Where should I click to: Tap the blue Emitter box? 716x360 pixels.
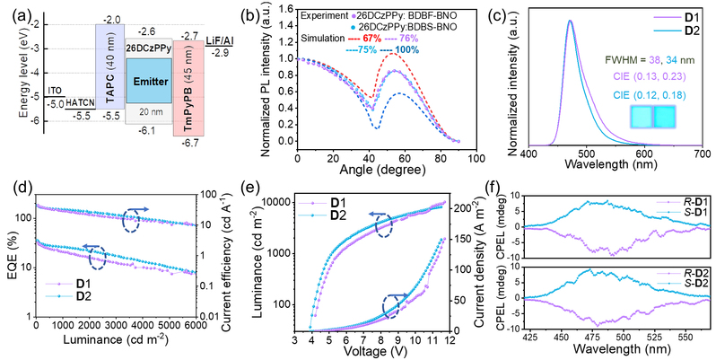(x=147, y=79)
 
